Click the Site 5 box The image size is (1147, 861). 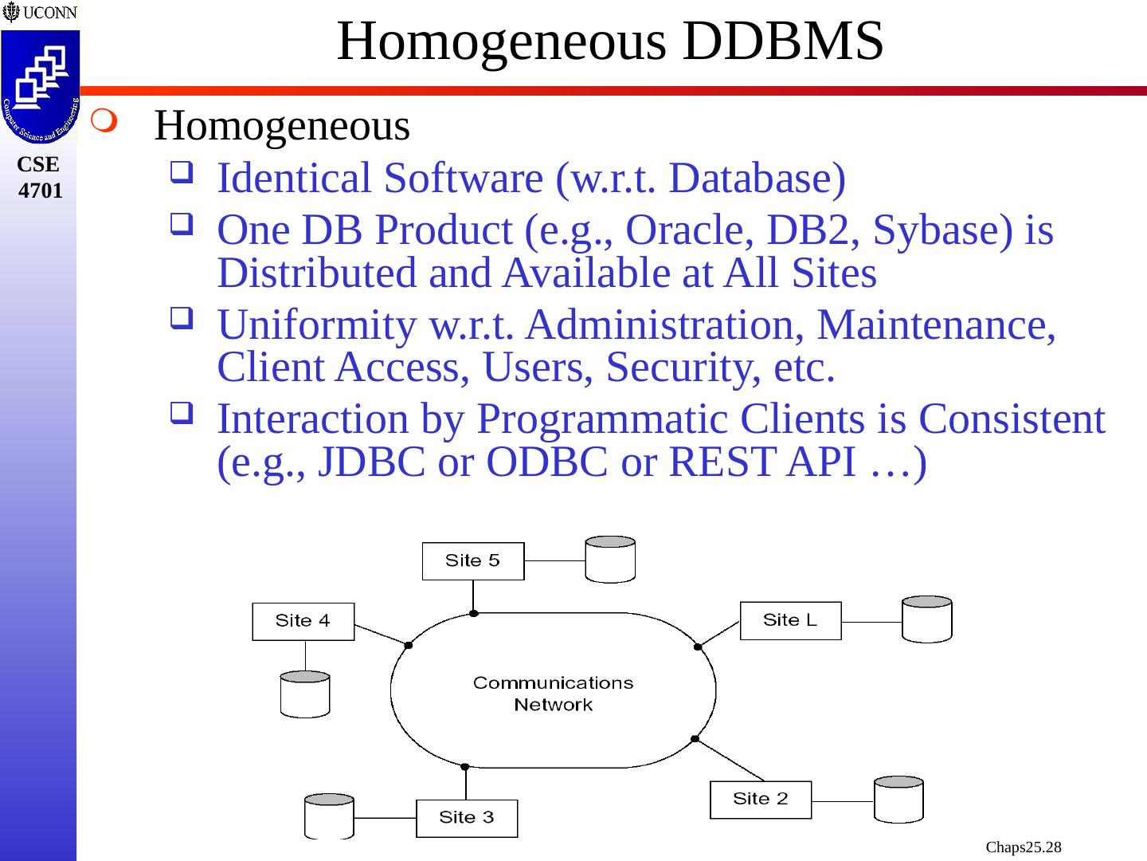pyautogui.click(x=473, y=561)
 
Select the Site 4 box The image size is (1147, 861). pyautogui.click(x=303, y=621)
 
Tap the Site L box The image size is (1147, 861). pyautogui.click(x=790, y=620)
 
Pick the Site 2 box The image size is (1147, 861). pyautogui.click(x=761, y=800)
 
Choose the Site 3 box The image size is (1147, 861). pyautogui.click(x=467, y=818)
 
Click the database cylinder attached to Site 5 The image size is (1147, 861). pyautogui.click(x=610, y=560)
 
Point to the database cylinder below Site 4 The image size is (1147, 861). pyautogui.click(x=305, y=694)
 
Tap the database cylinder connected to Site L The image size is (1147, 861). pyautogui.click(x=926, y=619)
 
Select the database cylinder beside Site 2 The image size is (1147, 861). pyautogui.click(x=898, y=800)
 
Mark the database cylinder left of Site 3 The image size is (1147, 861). pyautogui.click(x=329, y=816)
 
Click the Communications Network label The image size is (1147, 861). pyautogui.click(x=554, y=694)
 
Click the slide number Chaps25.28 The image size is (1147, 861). pyautogui.click(x=1024, y=847)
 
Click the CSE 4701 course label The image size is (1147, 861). pyautogui.click(x=40, y=177)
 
